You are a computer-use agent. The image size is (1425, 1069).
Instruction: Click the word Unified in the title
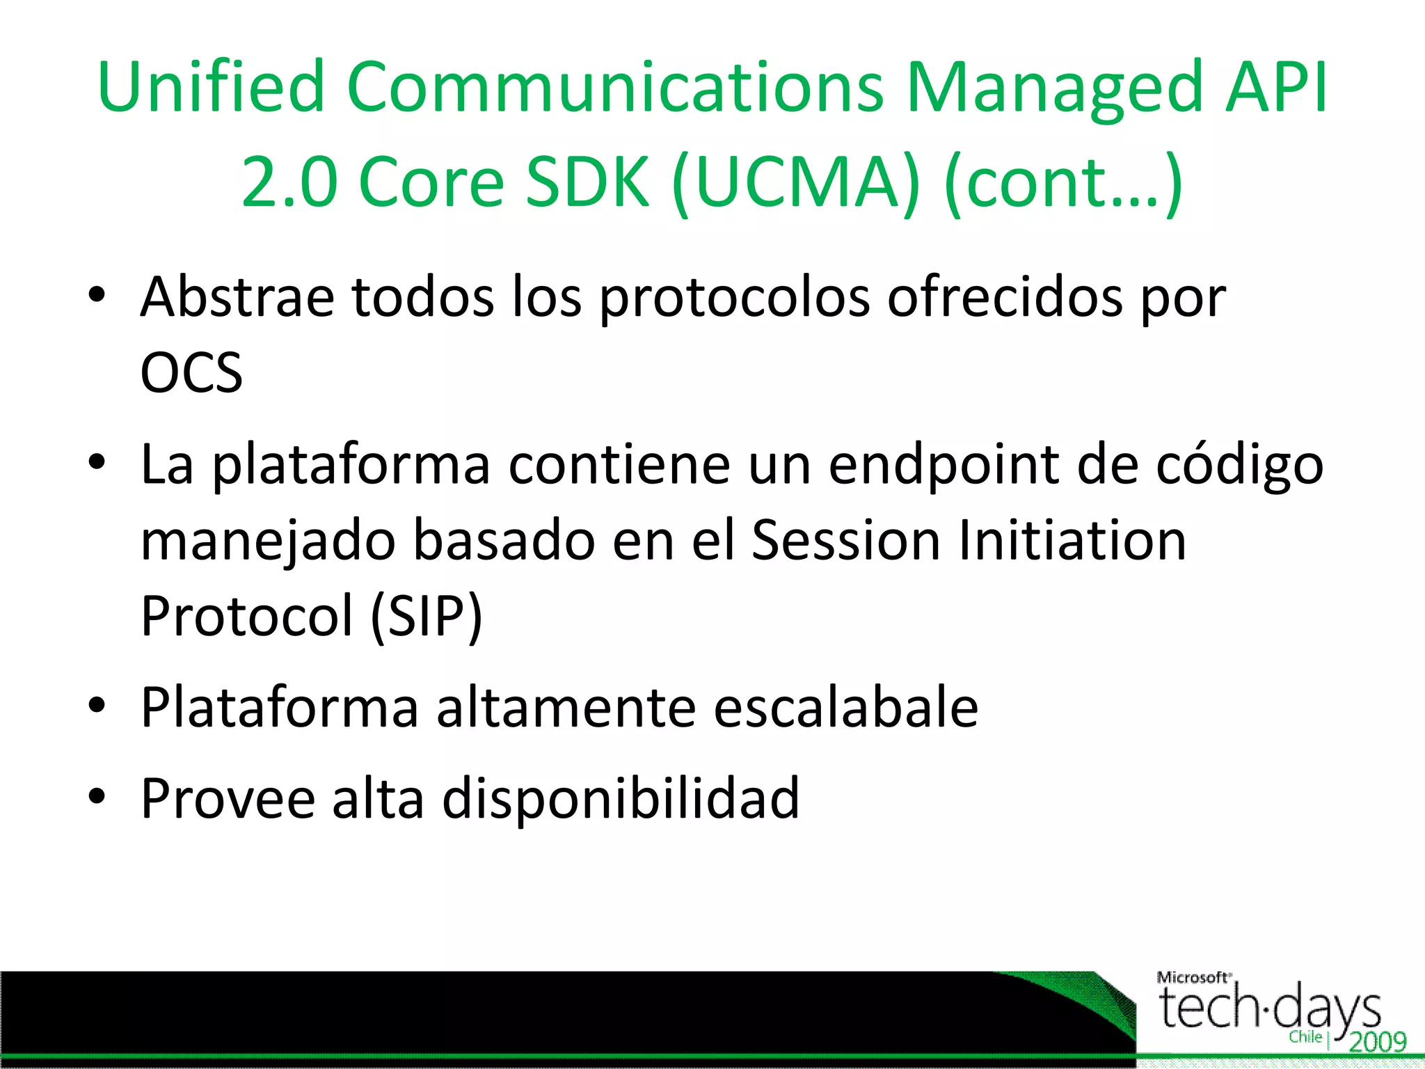(x=212, y=87)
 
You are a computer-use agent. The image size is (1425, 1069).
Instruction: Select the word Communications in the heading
(x=615, y=87)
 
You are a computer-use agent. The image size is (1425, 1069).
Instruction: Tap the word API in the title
(x=1277, y=87)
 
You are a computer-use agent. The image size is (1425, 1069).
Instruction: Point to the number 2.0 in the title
(x=289, y=182)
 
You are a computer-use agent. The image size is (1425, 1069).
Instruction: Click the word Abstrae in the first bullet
(x=237, y=297)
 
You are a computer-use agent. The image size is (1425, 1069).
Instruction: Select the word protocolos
(x=735, y=299)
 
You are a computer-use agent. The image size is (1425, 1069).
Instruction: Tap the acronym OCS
(x=191, y=373)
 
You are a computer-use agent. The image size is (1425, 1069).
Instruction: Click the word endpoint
(x=944, y=466)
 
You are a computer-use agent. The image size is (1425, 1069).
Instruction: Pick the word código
(x=1239, y=466)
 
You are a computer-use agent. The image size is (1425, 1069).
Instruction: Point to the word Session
(x=846, y=541)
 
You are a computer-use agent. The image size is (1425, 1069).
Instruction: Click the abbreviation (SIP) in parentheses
(x=426, y=617)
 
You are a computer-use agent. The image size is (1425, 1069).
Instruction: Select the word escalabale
(x=846, y=708)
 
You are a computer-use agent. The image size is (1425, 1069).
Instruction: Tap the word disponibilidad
(x=621, y=798)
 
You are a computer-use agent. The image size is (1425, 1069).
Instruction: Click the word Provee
(x=228, y=798)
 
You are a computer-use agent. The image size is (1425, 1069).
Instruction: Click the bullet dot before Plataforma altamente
(x=97, y=704)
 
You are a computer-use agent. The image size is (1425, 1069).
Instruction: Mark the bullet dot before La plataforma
(x=97, y=461)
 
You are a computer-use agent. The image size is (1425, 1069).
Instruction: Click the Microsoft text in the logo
(x=1193, y=978)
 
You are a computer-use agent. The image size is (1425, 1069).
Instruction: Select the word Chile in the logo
(x=1305, y=1037)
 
